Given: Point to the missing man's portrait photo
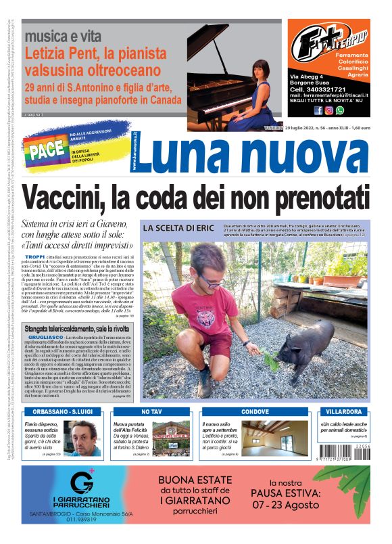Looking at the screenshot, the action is (84, 438).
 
